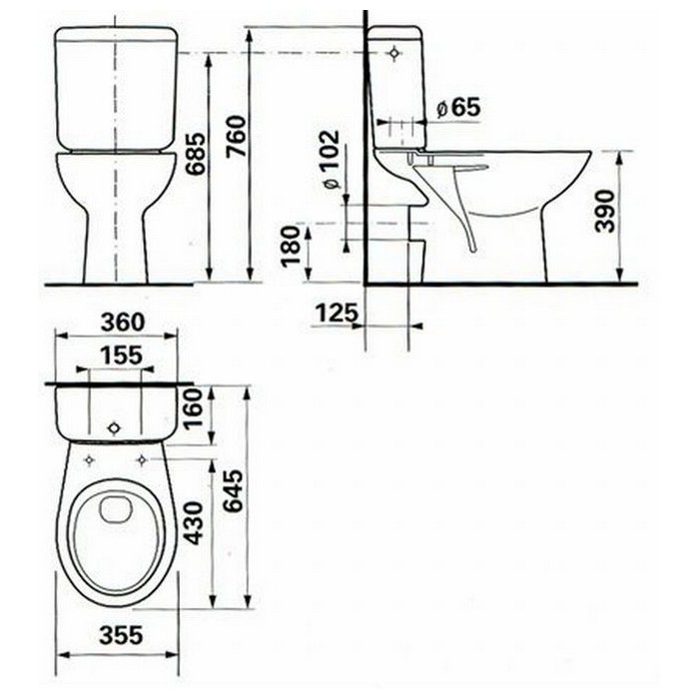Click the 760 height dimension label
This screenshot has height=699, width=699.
(x=237, y=136)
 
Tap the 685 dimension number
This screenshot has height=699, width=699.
(x=196, y=154)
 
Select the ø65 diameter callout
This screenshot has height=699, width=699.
(x=458, y=108)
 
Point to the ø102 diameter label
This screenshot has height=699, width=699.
(x=332, y=159)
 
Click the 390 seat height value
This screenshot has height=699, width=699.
(x=605, y=212)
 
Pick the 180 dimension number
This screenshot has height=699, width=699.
(x=292, y=246)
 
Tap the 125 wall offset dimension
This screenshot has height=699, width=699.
(x=338, y=313)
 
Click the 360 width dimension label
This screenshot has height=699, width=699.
(x=123, y=322)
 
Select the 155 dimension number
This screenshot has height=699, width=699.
(x=121, y=355)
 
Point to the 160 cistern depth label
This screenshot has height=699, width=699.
(x=194, y=408)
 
